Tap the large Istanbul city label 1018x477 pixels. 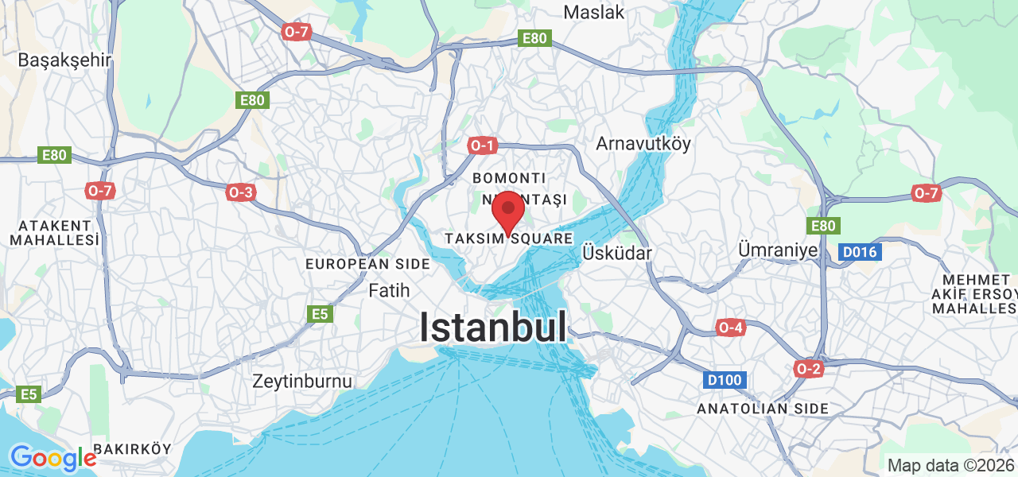coord(493,327)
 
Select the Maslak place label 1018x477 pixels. coord(593,12)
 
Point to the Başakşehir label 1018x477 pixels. coord(64,60)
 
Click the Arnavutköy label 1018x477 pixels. coord(643,144)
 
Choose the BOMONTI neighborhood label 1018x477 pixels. coord(509,177)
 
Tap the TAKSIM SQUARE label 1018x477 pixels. coord(509,238)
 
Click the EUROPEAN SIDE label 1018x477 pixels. coord(358,263)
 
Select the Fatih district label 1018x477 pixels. coord(389,291)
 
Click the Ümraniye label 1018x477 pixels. coord(778,250)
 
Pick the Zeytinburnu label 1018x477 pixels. coord(302,381)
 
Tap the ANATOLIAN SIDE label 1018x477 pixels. coord(763,409)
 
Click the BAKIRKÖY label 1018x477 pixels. coord(132,449)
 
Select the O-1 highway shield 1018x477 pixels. coord(482,145)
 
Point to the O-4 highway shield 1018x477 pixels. coord(730,328)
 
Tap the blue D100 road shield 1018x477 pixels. coord(725,381)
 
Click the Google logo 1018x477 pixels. coord(52,458)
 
